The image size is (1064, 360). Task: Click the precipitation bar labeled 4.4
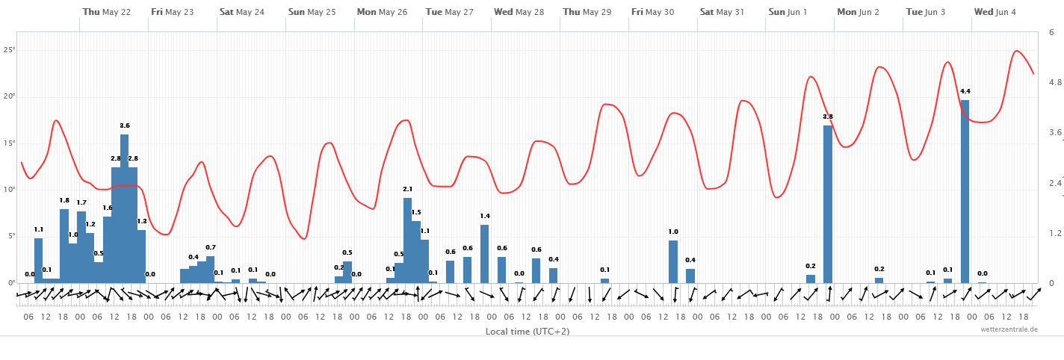[x=965, y=191]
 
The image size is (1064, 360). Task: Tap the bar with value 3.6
[x=124, y=208]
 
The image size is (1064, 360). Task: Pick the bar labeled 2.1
[x=407, y=240]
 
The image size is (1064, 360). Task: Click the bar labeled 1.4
[x=484, y=254]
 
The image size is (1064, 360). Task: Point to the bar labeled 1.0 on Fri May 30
[x=673, y=261]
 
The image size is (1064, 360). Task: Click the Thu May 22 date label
[x=107, y=12]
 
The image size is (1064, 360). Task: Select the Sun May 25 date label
[x=312, y=12]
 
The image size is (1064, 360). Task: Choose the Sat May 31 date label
[x=723, y=12]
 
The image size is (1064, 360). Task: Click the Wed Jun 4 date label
[x=995, y=12]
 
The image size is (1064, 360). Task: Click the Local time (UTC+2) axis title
[x=528, y=331]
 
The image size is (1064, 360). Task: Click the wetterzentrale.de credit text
[x=1009, y=329]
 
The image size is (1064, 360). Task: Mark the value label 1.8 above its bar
[x=64, y=200]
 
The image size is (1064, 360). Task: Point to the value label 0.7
[x=211, y=247]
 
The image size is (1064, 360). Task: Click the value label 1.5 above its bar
[x=416, y=212]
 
